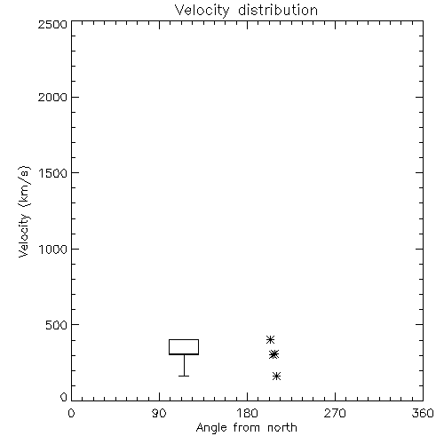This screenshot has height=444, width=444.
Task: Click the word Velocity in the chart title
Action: pos(202,11)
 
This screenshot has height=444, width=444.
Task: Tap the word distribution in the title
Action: pos(278,10)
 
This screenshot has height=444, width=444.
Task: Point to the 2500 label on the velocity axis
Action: pos(52,24)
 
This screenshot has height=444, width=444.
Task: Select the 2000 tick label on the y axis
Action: pos(52,97)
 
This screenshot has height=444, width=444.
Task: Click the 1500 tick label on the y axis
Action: pos(53,173)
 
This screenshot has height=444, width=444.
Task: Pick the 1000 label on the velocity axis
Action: pos(53,249)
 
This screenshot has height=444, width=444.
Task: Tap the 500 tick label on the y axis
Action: pos(57,325)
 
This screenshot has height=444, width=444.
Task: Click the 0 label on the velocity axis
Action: pos(64,397)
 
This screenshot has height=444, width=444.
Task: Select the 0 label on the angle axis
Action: pos(71,413)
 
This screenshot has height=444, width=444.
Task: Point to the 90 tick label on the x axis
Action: pos(159,413)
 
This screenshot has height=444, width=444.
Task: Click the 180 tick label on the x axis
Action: pos(247,413)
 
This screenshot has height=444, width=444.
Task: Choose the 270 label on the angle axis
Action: pos(335,413)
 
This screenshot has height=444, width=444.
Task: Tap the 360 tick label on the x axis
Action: pos(423,413)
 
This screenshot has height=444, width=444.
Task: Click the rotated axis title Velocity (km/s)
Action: pos(24,211)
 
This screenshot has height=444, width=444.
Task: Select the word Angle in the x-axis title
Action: pos(211,428)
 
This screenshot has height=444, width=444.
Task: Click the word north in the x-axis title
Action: pos(282,427)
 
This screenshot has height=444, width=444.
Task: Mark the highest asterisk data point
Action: pos(270,339)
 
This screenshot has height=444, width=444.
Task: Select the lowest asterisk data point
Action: pos(276,377)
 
